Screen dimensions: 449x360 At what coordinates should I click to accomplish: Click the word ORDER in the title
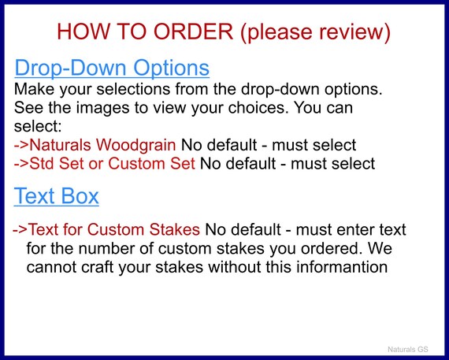click(x=193, y=32)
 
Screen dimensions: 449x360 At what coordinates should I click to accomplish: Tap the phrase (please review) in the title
click(x=316, y=32)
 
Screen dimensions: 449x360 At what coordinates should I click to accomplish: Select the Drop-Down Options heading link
click(x=112, y=69)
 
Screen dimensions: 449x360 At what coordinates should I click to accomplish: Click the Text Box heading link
click(x=57, y=196)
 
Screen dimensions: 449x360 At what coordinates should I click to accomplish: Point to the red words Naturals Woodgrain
click(x=103, y=145)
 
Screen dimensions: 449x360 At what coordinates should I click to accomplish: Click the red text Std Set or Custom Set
click(x=112, y=164)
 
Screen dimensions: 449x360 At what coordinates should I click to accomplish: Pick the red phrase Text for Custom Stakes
click(x=114, y=229)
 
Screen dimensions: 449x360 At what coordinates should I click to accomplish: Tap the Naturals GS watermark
click(x=408, y=350)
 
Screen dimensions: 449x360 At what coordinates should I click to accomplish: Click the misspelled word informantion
click(x=342, y=267)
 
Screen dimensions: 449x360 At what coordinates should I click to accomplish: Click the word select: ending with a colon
click(x=38, y=126)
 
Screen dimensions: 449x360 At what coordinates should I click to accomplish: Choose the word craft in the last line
click(x=97, y=267)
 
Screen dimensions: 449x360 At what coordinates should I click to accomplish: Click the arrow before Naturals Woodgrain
click(x=21, y=145)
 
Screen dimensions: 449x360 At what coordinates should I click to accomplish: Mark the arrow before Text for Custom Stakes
click(x=20, y=230)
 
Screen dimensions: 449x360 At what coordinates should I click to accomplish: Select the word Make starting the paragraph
click(x=34, y=89)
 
